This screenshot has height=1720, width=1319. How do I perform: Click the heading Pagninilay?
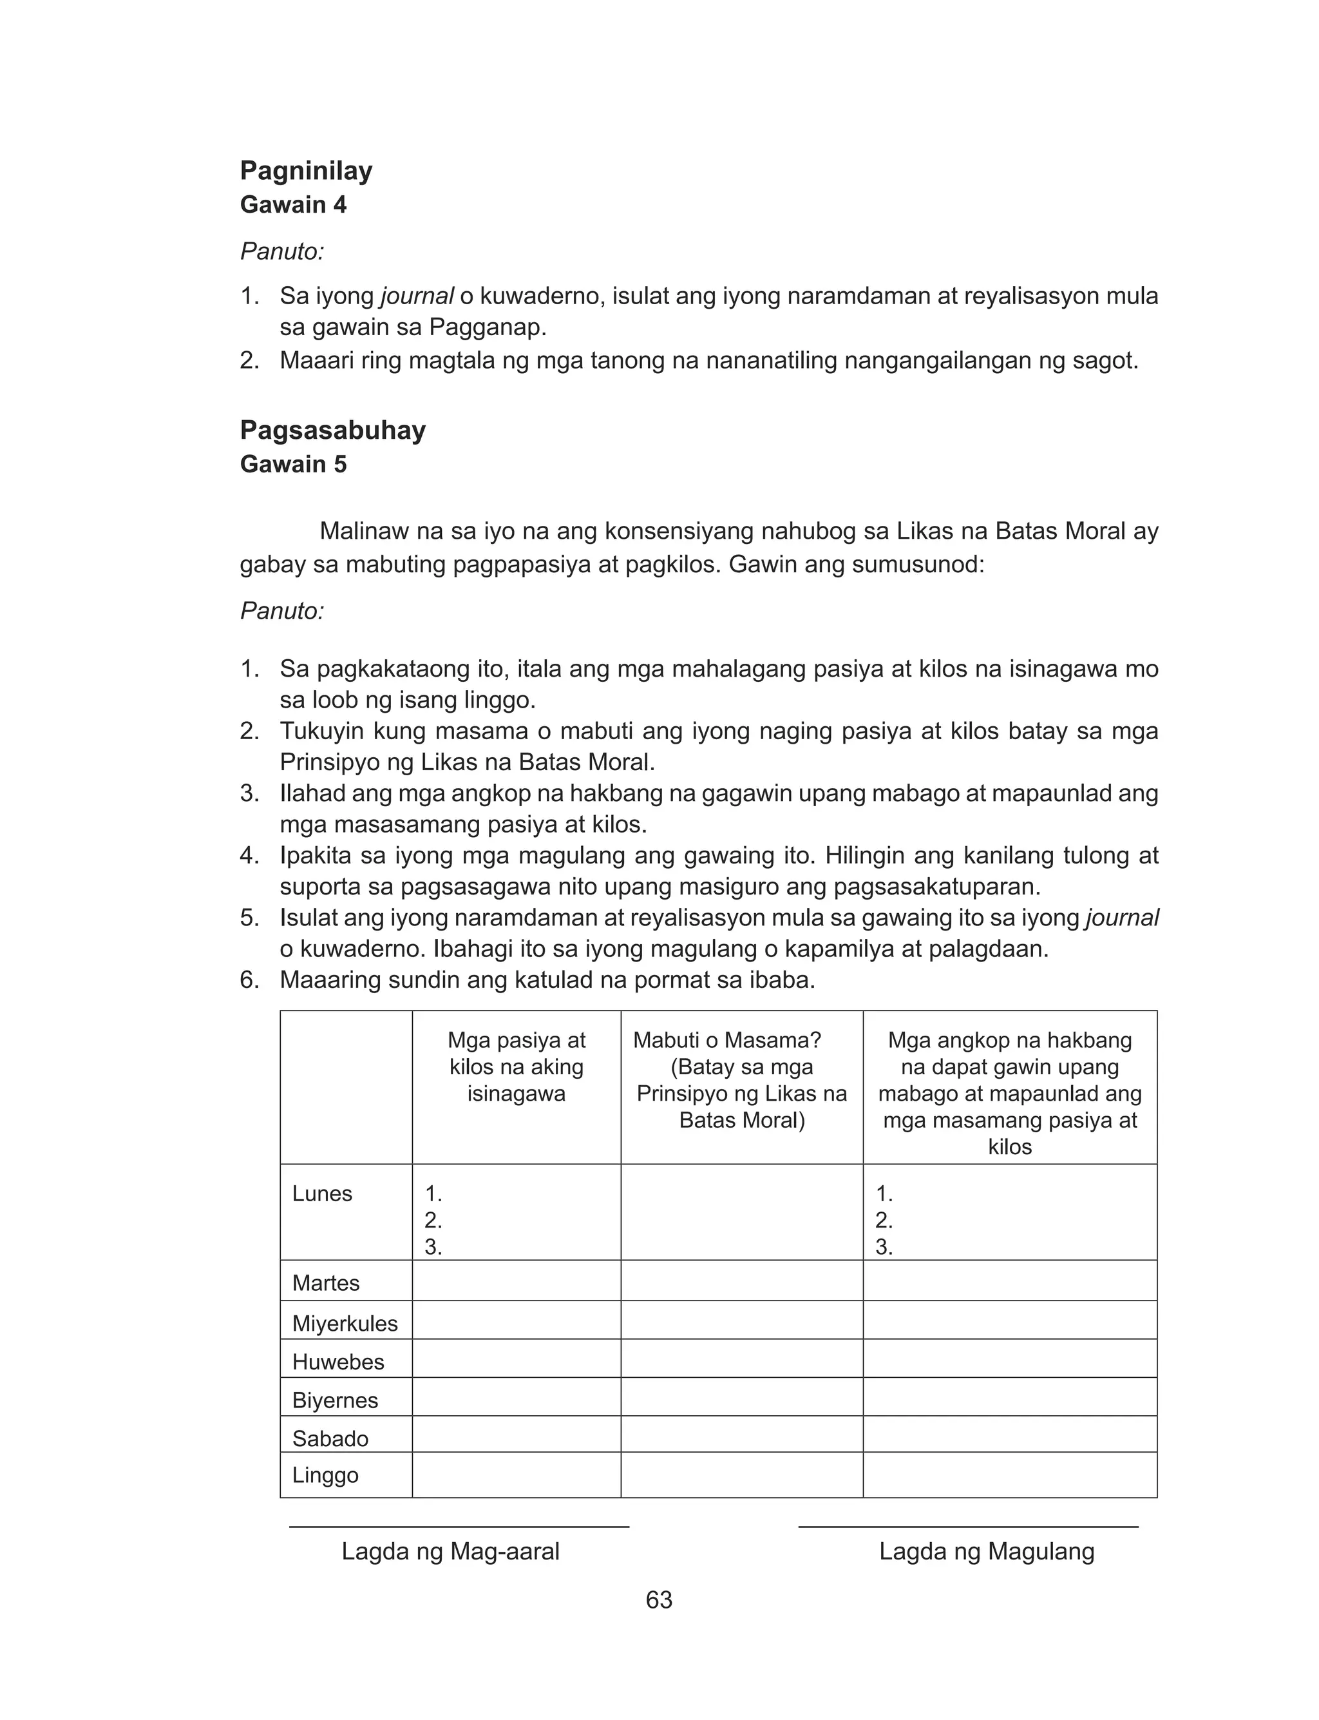coord(306,170)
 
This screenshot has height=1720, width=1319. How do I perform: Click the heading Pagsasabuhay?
coord(333,430)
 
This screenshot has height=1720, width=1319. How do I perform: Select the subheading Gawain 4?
coord(293,205)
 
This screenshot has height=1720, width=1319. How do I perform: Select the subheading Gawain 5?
coord(293,464)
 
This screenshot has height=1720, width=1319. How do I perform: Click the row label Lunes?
coord(322,1193)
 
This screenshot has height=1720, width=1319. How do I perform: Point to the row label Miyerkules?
coord(345,1324)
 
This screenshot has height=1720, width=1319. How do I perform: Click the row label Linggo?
coord(325,1475)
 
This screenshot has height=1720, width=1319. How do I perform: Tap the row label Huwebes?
coord(337,1362)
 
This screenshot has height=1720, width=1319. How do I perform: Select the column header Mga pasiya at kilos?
coord(516,1067)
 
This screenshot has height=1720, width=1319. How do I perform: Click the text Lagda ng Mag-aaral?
coord(450,1552)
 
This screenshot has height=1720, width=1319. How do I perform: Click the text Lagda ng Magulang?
coord(986,1552)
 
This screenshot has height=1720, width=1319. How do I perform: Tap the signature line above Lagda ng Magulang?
coord(968,1527)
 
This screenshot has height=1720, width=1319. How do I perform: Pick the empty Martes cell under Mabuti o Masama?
coord(741,1281)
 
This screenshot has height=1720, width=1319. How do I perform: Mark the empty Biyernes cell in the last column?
coord(1010,1400)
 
